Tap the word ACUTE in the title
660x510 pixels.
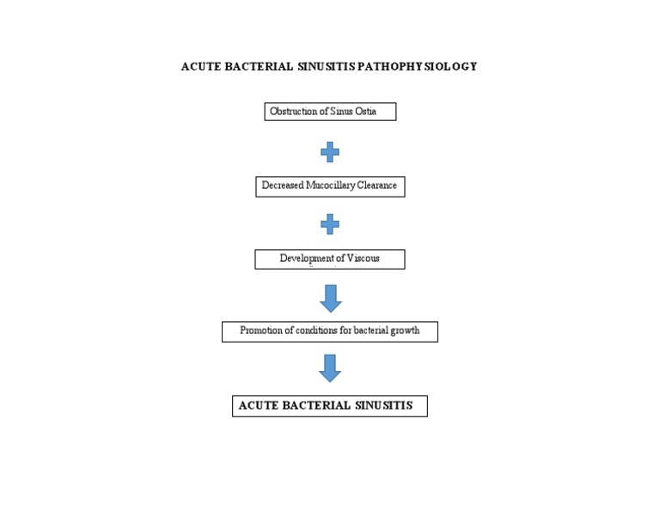[x=200, y=66]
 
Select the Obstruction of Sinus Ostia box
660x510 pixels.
[x=330, y=112]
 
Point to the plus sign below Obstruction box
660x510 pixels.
[x=330, y=153]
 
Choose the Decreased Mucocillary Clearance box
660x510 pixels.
[x=330, y=186]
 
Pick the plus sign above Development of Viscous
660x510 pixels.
[x=330, y=225]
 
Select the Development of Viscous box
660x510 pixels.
[x=330, y=259]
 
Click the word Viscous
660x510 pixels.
[x=364, y=258]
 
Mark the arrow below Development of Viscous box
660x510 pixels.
[x=330, y=298]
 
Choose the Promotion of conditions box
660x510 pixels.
[x=330, y=331]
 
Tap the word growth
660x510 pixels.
[x=405, y=331]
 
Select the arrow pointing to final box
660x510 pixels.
[x=330, y=368]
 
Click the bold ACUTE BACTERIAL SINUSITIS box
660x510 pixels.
[x=330, y=406]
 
